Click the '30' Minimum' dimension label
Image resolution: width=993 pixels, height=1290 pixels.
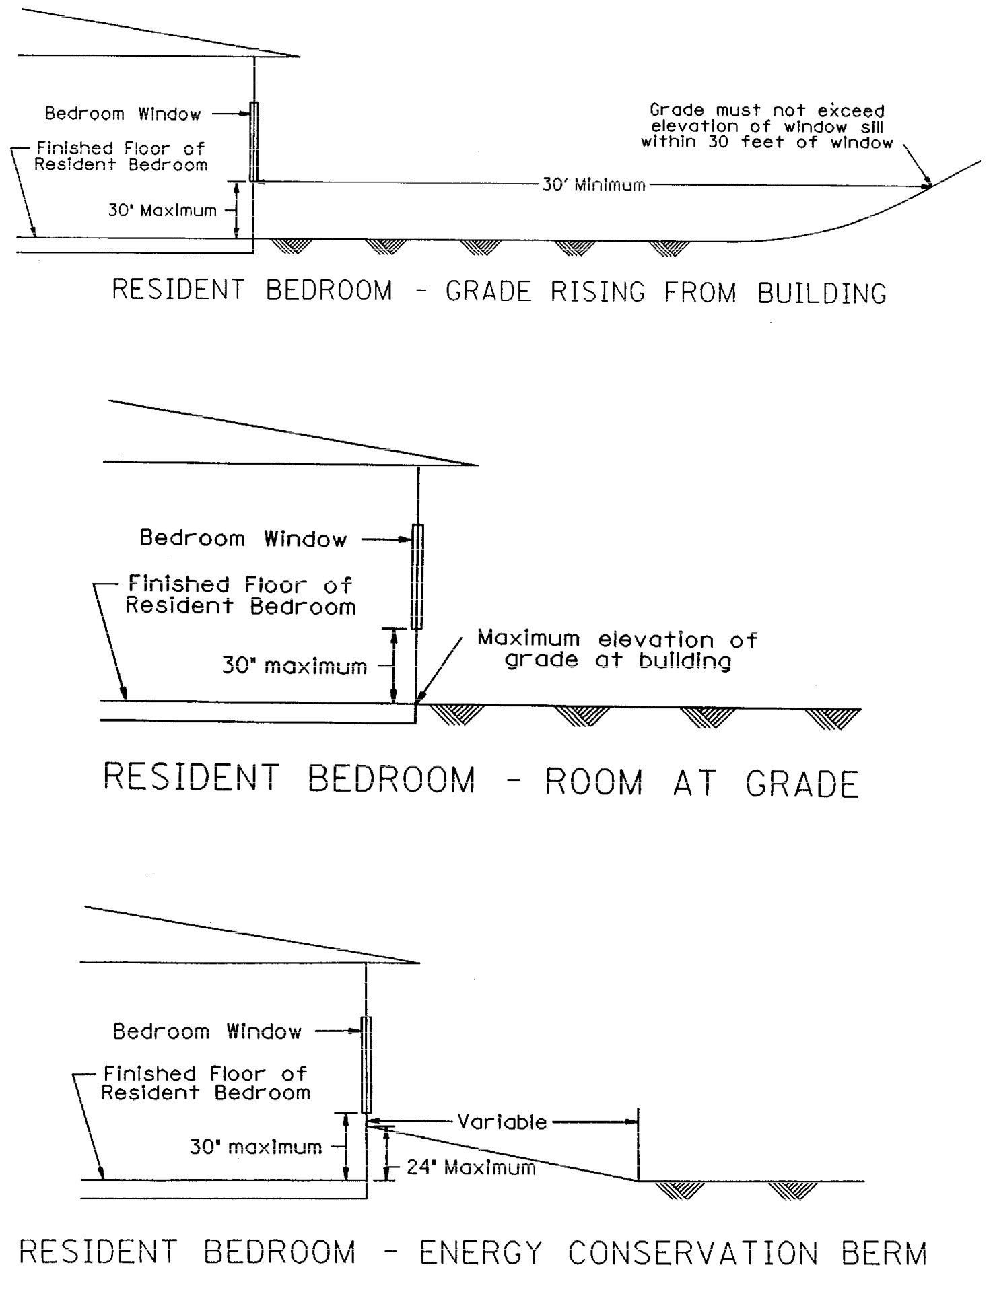point(593,185)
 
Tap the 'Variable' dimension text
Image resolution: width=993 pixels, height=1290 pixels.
point(502,1122)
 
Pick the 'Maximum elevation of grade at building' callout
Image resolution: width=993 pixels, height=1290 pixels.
point(617,649)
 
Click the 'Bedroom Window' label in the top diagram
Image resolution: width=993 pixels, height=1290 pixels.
point(123,114)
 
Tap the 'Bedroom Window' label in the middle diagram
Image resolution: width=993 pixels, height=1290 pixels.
point(242,539)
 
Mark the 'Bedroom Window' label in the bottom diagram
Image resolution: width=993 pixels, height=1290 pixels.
point(207,1031)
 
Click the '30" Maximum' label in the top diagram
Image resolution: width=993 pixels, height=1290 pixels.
point(162,211)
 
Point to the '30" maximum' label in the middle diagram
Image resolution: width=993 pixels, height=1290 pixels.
point(294,667)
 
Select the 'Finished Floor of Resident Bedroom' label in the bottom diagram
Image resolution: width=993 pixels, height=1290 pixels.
point(205,1083)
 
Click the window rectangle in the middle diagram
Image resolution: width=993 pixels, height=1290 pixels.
point(417,577)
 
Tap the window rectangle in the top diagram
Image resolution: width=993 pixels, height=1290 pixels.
point(254,141)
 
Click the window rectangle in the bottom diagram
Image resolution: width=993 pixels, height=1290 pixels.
point(366,1064)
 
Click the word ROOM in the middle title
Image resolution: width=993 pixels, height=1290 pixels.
point(593,782)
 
